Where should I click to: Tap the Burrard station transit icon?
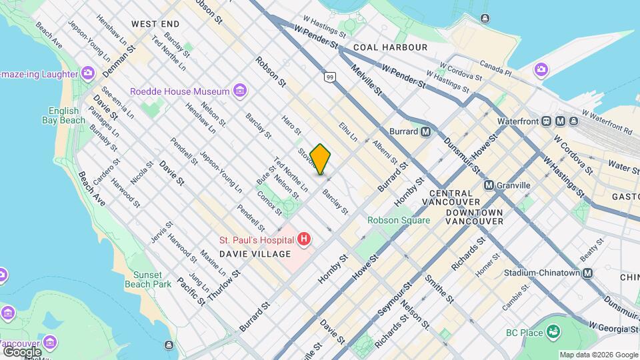425,132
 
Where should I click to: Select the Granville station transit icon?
489,185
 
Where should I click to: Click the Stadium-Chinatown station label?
541,273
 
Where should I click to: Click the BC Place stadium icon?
552,331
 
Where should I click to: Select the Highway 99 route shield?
329,78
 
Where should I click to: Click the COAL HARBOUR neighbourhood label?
390,47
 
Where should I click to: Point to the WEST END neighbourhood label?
155,23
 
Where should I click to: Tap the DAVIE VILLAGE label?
256,254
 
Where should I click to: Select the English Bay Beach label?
67,115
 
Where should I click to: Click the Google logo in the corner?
22,351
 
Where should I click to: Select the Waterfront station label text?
519,121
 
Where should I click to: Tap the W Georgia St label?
614,329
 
